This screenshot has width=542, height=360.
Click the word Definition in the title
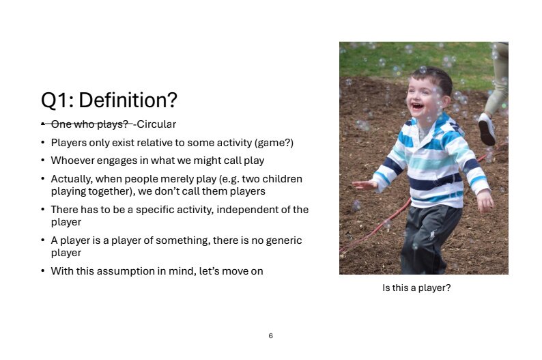click(x=128, y=100)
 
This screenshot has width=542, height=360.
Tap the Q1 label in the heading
click(x=57, y=100)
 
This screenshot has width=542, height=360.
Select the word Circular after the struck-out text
click(x=156, y=124)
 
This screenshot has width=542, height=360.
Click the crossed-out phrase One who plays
click(x=89, y=124)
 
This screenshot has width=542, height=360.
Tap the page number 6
click(x=270, y=336)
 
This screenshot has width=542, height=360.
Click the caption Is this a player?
click(x=416, y=288)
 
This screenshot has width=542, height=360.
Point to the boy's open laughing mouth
click(x=417, y=106)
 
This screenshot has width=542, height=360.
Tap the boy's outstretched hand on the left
click(x=364, y=185)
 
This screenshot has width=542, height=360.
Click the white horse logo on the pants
click(x=432, y=235)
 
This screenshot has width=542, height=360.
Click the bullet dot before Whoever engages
click(x=42, y=161)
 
